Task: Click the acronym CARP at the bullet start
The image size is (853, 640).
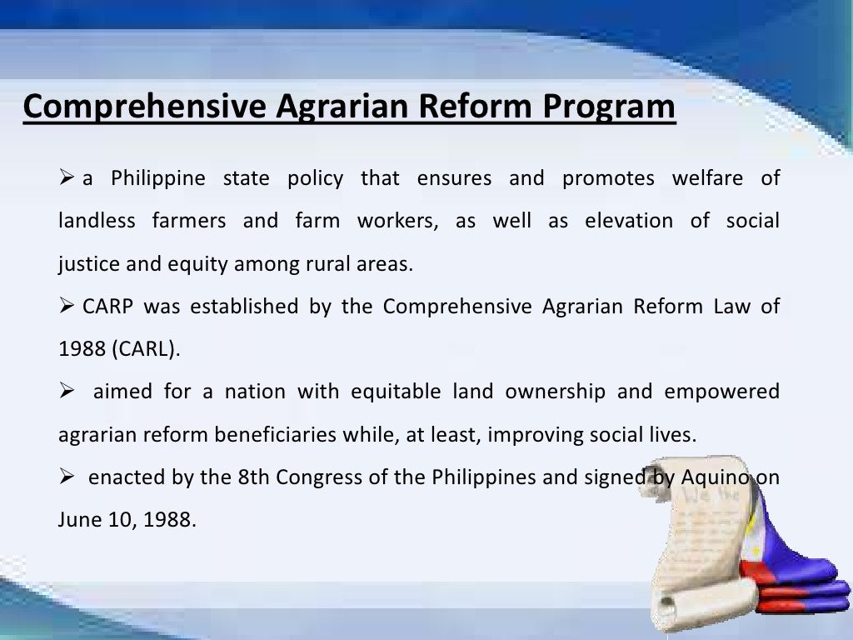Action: pos(107,307)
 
